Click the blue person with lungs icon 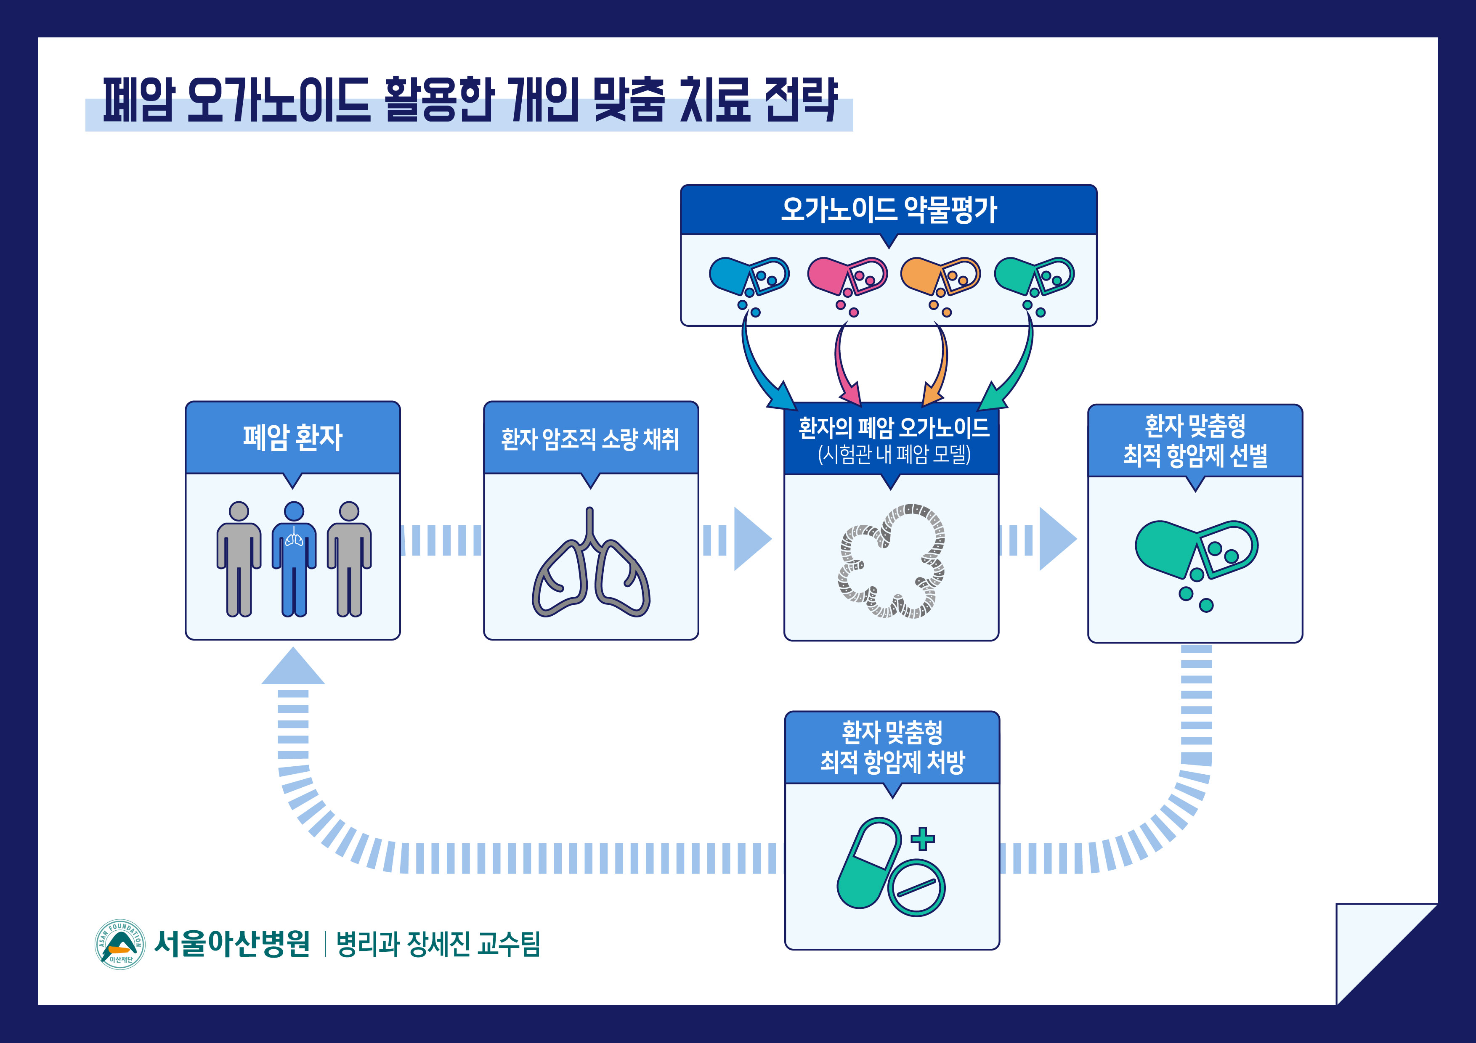(x=294, y=559)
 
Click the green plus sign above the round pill (x=922, y=838)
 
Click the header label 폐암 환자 (x=292, y=438)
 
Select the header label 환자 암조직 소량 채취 (x=590, y=439)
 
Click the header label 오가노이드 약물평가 (x=889, y=209)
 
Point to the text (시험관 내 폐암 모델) (x=894, y=455)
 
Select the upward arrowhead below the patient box (x=293, y=666)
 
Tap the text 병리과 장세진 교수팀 (x=438, y=944)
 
